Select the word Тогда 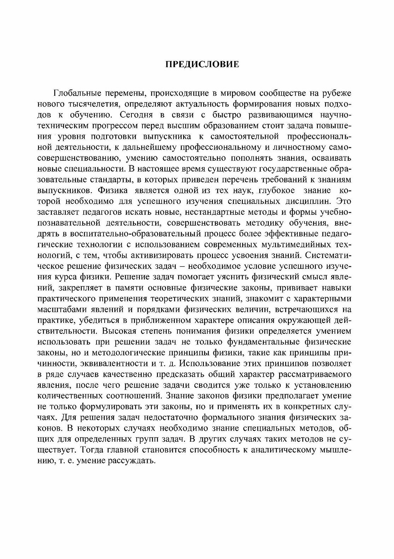91,450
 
